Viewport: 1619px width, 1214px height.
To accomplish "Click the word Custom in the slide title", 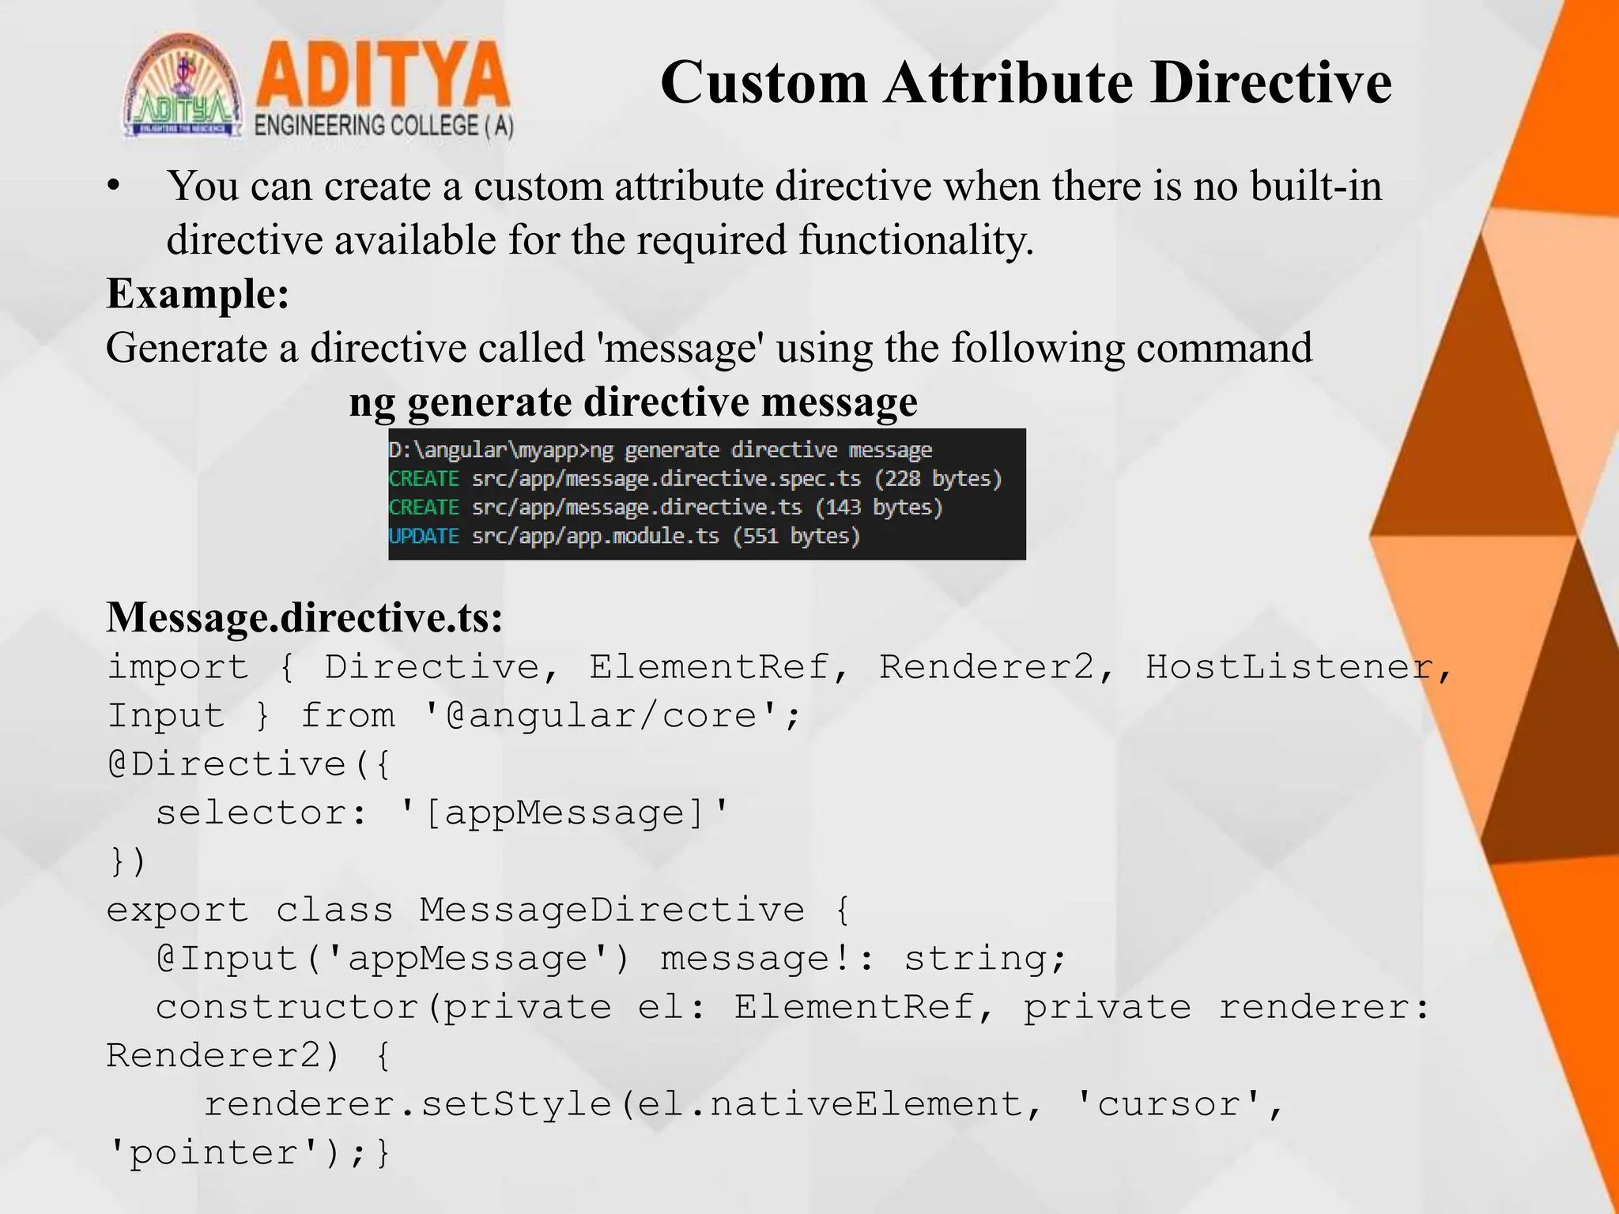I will [x=763, y=82].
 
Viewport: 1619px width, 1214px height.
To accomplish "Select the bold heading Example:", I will [x=198, y=294].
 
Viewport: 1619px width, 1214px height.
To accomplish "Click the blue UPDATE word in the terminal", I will [x=424, y=537].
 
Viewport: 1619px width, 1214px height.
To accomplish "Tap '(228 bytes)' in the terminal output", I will [x=938, y=479].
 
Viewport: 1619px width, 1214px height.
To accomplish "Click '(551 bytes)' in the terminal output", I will [x=796, y=537].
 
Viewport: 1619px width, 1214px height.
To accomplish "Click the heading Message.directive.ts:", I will [x=304, y=617].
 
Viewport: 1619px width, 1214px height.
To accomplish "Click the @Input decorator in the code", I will [x=226, y=959].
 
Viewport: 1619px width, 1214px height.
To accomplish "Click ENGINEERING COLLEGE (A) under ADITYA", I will [x=383, y=126].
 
